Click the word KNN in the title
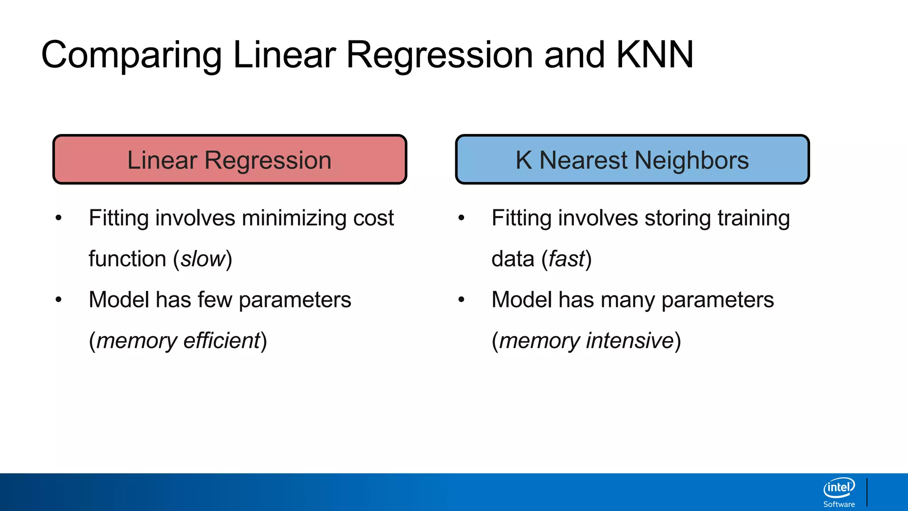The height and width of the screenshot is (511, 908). [654, 55]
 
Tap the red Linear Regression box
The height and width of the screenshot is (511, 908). [230, 160]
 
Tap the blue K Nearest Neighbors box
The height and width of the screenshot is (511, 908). [632, 160]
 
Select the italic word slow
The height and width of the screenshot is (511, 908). [203, 259]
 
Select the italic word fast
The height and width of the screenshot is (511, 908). [567, 259]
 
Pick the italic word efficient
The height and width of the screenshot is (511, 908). [221, 341]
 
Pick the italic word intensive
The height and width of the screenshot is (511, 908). [630, 341]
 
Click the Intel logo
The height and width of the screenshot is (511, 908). [839, 488]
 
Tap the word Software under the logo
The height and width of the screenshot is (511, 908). [839, 504]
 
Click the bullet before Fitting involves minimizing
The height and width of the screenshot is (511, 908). [59, 218]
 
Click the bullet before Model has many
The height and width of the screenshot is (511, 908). [461, 299]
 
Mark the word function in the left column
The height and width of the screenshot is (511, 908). [127, 259]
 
